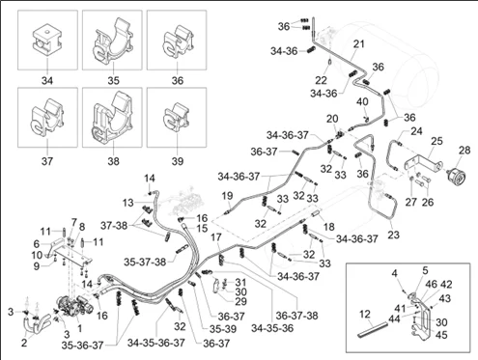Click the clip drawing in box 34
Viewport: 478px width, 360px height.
[x=47, y=40]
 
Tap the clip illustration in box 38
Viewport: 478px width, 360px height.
[x=112, y=117]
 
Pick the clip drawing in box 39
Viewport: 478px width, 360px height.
[x=177, y=118]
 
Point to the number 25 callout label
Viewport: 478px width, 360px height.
[x=436, y=141]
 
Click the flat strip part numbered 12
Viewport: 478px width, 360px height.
[x=372, y=330]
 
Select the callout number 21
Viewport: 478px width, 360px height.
[x=358, y=43]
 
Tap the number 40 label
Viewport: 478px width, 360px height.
[x=362, y=102]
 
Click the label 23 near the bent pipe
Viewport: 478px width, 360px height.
[x=393, y=235]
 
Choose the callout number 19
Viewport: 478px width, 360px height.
[x=227, y=195]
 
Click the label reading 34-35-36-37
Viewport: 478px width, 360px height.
[x=156, y=343]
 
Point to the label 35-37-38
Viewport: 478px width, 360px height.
[x=145, y=262]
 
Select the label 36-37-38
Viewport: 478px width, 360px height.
[x=296, y=316]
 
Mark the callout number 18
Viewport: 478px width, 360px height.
[x=329, y=227]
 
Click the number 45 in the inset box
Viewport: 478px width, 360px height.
[x=441, y=335]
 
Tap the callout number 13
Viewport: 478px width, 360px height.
[x=127, y=203]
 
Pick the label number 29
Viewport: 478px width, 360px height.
[x=240, y=301]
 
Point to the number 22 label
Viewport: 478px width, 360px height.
[x=321, y=79]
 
